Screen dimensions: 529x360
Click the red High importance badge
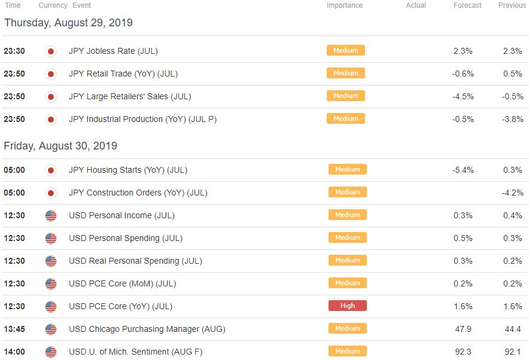pyautogui.click(x=348, y=306)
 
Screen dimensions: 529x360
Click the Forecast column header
pyautogui.click(x=467, y=5)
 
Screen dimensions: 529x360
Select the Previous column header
pyautogui.click(x=512, y=5)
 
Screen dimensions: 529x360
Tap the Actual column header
pyautogui.click(x=416, y=5)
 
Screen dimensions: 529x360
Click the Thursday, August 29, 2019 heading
pyautogui.click(x=68, y=23)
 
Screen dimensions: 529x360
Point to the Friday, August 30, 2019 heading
pyautogui.click(x=60, y=146)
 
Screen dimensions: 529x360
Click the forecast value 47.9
pyautogui.click(x=463, y=329)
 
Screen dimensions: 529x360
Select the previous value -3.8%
pyautogui.click(x=512, y=119)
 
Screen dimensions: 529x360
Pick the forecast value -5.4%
pyautogui.click(x=463, y=170)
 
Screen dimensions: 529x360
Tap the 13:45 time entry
pyautogui.click(x=14, y=329)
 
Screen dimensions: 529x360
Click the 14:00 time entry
pyautogui.click(x=14, y=352)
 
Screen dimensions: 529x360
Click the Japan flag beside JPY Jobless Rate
pyautogui.click(x=51, y=51)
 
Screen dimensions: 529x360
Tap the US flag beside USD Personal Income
pyautogui.click(x=51, y=216)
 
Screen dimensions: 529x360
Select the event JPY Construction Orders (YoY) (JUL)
pyautogui.click(x=138, y=193)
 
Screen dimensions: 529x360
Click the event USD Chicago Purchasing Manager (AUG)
pyautogui.click(x=147, y=329)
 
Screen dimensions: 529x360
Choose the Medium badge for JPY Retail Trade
pyautogui.click(x=346, y=73)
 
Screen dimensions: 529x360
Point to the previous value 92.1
pyautogui.click(x=512, y=352)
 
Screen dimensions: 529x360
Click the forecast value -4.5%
pyautogui.click(x=463, y=96)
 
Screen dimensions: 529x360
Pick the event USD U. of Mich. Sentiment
pyautogui.click(x=136, y=352)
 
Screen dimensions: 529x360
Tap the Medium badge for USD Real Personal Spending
pyautogui.click(x=348, y=260)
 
